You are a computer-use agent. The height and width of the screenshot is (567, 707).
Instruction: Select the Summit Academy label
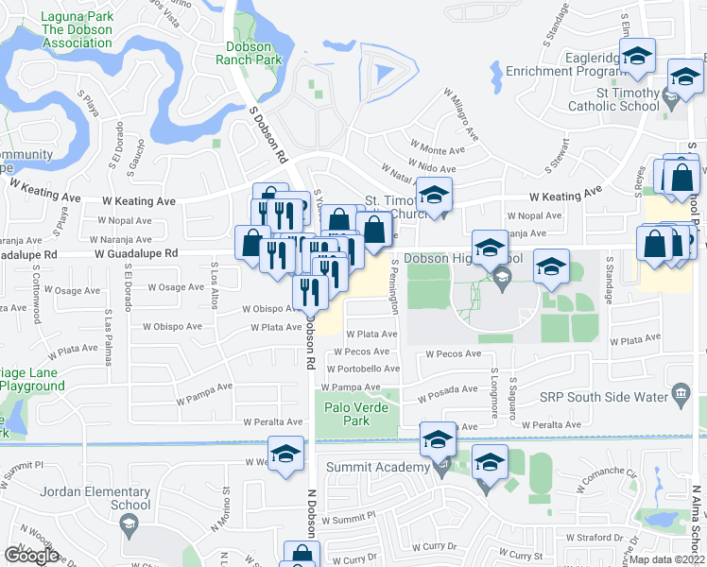click(377, 467)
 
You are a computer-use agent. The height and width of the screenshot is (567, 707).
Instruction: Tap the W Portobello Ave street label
click(364, 369)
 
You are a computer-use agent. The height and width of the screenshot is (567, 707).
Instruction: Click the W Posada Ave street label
click(452, 389)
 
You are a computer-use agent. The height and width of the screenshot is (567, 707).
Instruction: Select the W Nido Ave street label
click(433, 167)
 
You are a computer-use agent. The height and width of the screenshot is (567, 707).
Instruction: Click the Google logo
click(31, 555)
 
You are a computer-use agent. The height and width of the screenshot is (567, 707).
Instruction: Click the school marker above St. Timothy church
click(434, 196)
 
